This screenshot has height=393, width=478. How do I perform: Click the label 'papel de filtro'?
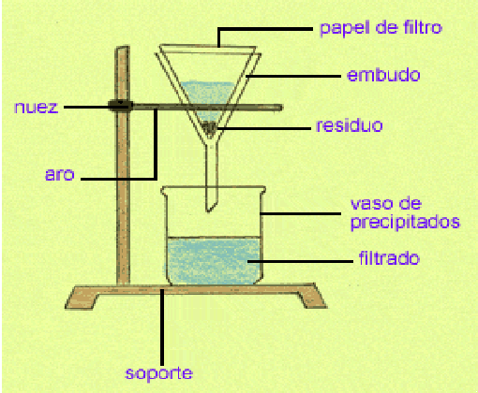pos(379,28)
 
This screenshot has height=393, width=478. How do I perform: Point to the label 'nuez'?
pos(37,107)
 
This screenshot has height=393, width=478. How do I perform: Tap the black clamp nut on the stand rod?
pos(119,106)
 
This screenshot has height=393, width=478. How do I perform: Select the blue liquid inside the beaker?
pos(212,260)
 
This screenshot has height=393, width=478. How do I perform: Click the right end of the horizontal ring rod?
pos(278,109)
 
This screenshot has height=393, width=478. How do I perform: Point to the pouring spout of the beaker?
pos(164,190)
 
